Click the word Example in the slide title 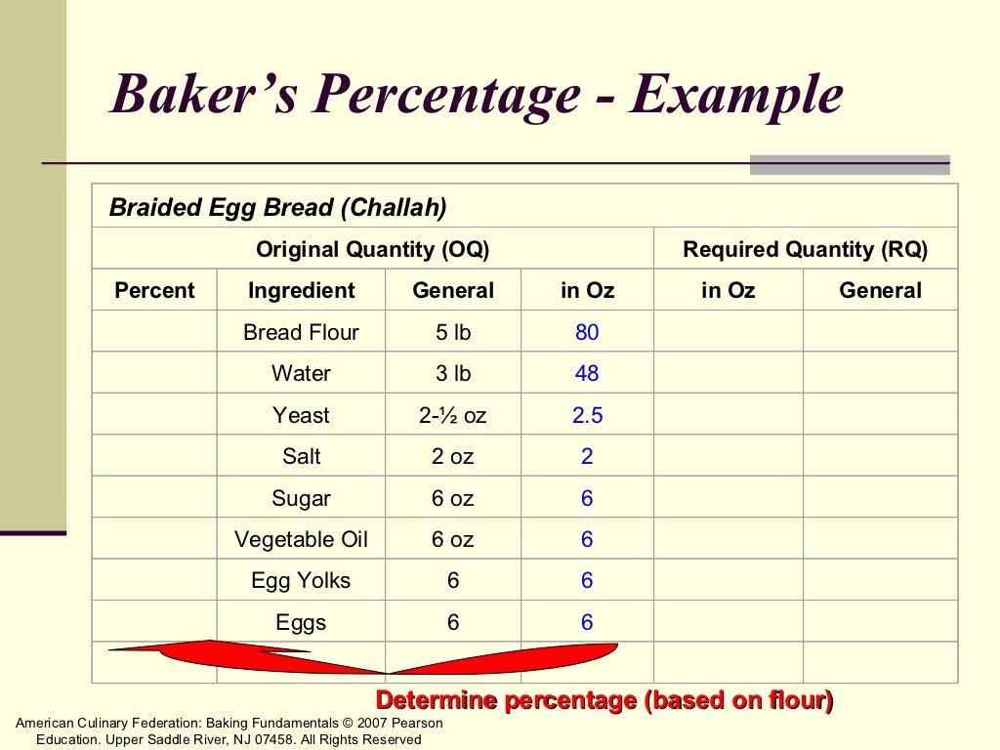tap(735, 96)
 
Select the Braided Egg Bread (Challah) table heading tap(277, 207)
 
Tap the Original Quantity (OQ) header tap(372, 249)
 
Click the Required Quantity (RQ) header tap(805, 249)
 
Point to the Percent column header tap(154, 290)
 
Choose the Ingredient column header tap(302, 290)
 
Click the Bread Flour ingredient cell tap(302, 332)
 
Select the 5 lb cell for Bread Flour tap(453, 332)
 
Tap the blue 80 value tap(587, 332)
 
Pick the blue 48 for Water tap(587, 373)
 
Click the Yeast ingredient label tap(302, 415)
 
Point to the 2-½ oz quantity tap(453, 415)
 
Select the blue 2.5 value tap(587, 415)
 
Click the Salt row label tap(302, 456)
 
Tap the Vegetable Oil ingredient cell tap(302, 539)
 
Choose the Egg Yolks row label tap(302, 580)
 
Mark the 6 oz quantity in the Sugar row tap(453, 498)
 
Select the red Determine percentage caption tap(604, 700)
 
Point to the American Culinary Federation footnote tap(229, 730)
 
